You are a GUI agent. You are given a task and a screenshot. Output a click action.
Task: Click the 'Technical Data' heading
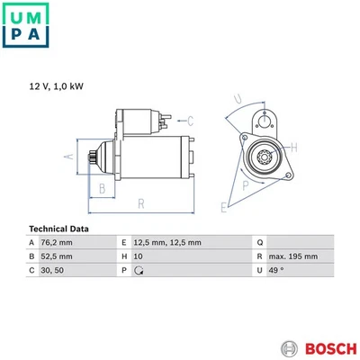pos(59,229)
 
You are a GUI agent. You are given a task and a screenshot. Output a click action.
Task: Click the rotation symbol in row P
pos(139,269)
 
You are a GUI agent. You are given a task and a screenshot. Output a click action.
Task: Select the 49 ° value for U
pos(277,269)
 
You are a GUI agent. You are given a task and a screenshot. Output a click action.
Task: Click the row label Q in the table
pos(259,243)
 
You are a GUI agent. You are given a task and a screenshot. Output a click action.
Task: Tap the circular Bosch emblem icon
pos(288,348)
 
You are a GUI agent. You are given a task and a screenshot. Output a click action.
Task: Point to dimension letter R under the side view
pos(140,204)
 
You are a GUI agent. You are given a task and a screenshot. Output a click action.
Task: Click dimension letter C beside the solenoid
pos(191,119)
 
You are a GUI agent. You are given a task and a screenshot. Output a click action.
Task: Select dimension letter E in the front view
pos(225,208)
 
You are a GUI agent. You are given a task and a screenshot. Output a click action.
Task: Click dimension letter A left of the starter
pos(67,157)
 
